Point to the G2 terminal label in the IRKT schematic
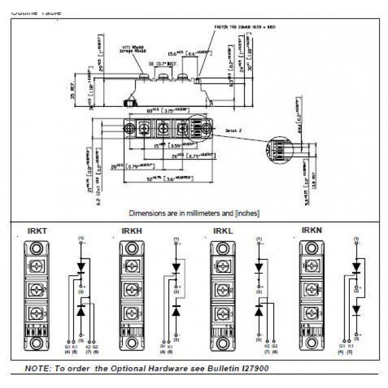(96, 346)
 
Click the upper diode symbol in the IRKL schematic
(259, 267)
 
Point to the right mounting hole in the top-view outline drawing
(207, 130)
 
